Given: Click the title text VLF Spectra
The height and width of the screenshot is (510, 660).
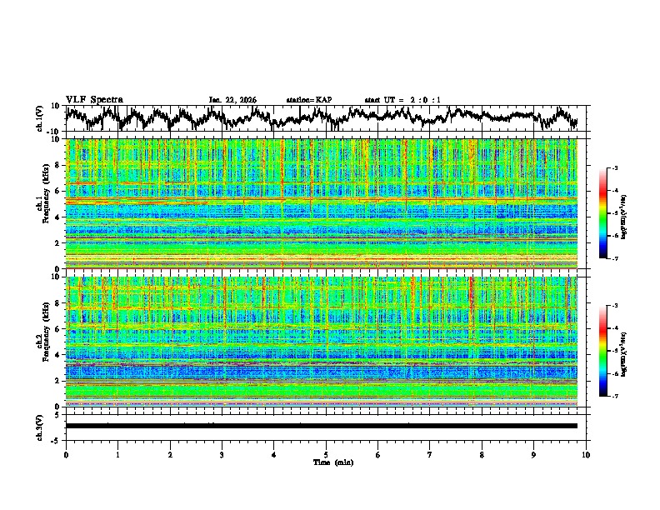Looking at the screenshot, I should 94,100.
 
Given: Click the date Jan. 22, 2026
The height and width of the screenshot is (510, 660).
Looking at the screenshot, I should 232,100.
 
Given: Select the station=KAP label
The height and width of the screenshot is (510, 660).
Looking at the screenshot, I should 309,100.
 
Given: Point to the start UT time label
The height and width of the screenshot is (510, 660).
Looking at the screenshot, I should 402,100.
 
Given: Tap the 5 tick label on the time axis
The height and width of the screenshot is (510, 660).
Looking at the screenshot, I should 326,455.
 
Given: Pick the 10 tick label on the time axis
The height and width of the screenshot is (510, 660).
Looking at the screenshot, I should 586,455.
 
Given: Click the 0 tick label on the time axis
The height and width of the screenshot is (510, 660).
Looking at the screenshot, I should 66,455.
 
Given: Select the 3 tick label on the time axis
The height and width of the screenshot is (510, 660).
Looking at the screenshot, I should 222,455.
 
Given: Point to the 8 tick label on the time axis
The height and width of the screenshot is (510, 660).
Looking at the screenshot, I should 482,455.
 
